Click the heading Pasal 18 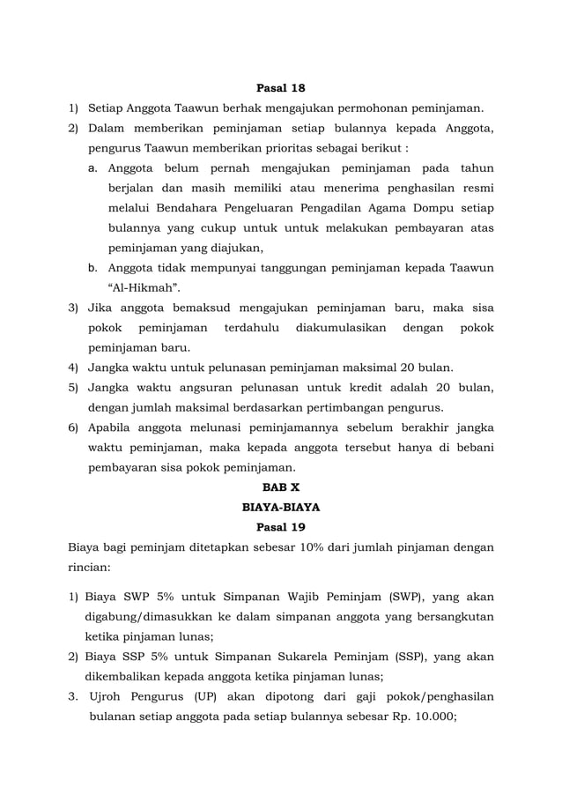(x=280, y=88)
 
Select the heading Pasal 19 (x=280, y=527)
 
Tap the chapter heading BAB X (x=280, y=487)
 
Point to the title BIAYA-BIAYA (x=280, y=507)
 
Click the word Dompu (x=425, y=208)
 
